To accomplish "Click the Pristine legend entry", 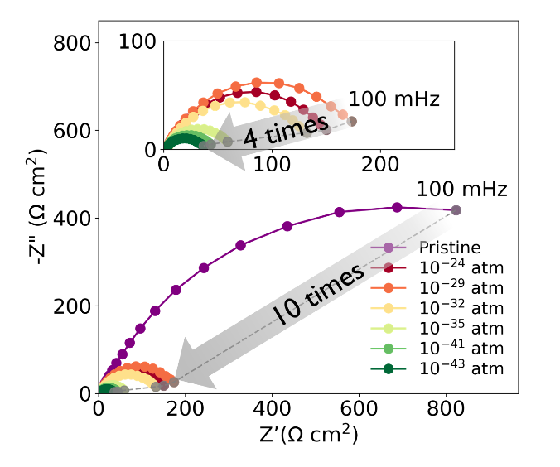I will click(x=447, y=248).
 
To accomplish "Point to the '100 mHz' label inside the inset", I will click(x=393, y=99).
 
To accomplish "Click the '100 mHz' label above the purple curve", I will click(x=461, y=189).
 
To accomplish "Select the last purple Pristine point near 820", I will click(x=456, y=210).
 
